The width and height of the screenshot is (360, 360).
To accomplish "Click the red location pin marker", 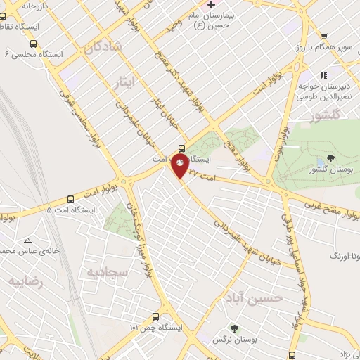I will tap(181, 165).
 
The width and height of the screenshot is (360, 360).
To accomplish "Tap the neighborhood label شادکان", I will tap(101, 48).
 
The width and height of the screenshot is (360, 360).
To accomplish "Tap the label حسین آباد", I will tap(260, 297).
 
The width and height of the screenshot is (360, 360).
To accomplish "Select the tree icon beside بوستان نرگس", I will tap(234, 327).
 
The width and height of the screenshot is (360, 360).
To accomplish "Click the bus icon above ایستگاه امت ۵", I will tap(70, 199).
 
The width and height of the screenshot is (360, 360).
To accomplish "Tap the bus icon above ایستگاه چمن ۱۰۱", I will tap(155, 316).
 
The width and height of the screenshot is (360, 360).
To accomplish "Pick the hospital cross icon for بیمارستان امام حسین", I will tap(210, 5).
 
